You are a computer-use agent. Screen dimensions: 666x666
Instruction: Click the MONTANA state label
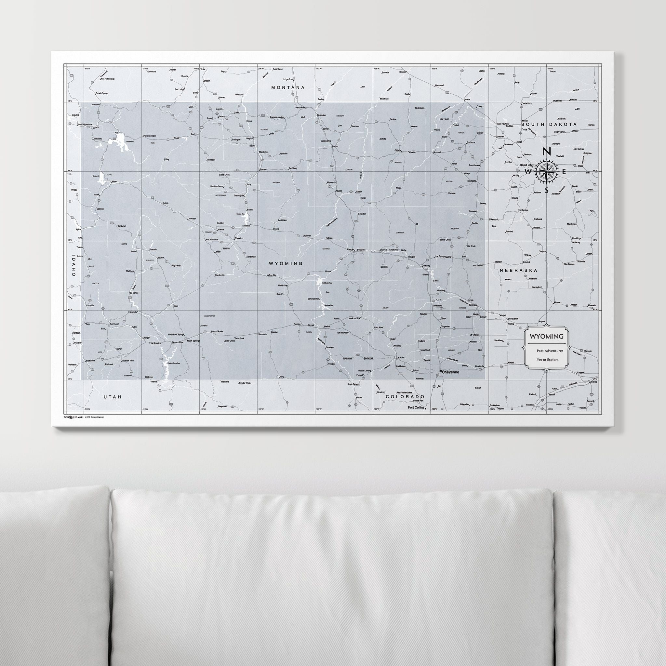pos(288,87)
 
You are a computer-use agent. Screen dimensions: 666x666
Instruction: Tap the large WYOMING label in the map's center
pos(286,263)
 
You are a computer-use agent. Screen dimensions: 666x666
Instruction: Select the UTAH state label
pos(113,397)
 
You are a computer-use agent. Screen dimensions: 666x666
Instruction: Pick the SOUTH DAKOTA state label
pos(549,124)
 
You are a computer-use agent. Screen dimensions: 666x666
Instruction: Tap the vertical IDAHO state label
pos(74,266)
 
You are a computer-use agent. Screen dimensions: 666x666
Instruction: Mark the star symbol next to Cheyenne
pos(441,371)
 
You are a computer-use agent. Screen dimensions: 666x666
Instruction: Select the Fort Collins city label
pos(416,407)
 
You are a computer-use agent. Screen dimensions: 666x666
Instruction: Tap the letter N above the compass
pos(546,152)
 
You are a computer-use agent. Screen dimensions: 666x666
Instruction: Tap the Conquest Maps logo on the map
pos(73,417)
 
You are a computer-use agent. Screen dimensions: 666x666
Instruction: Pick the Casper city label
pos(351,249)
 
